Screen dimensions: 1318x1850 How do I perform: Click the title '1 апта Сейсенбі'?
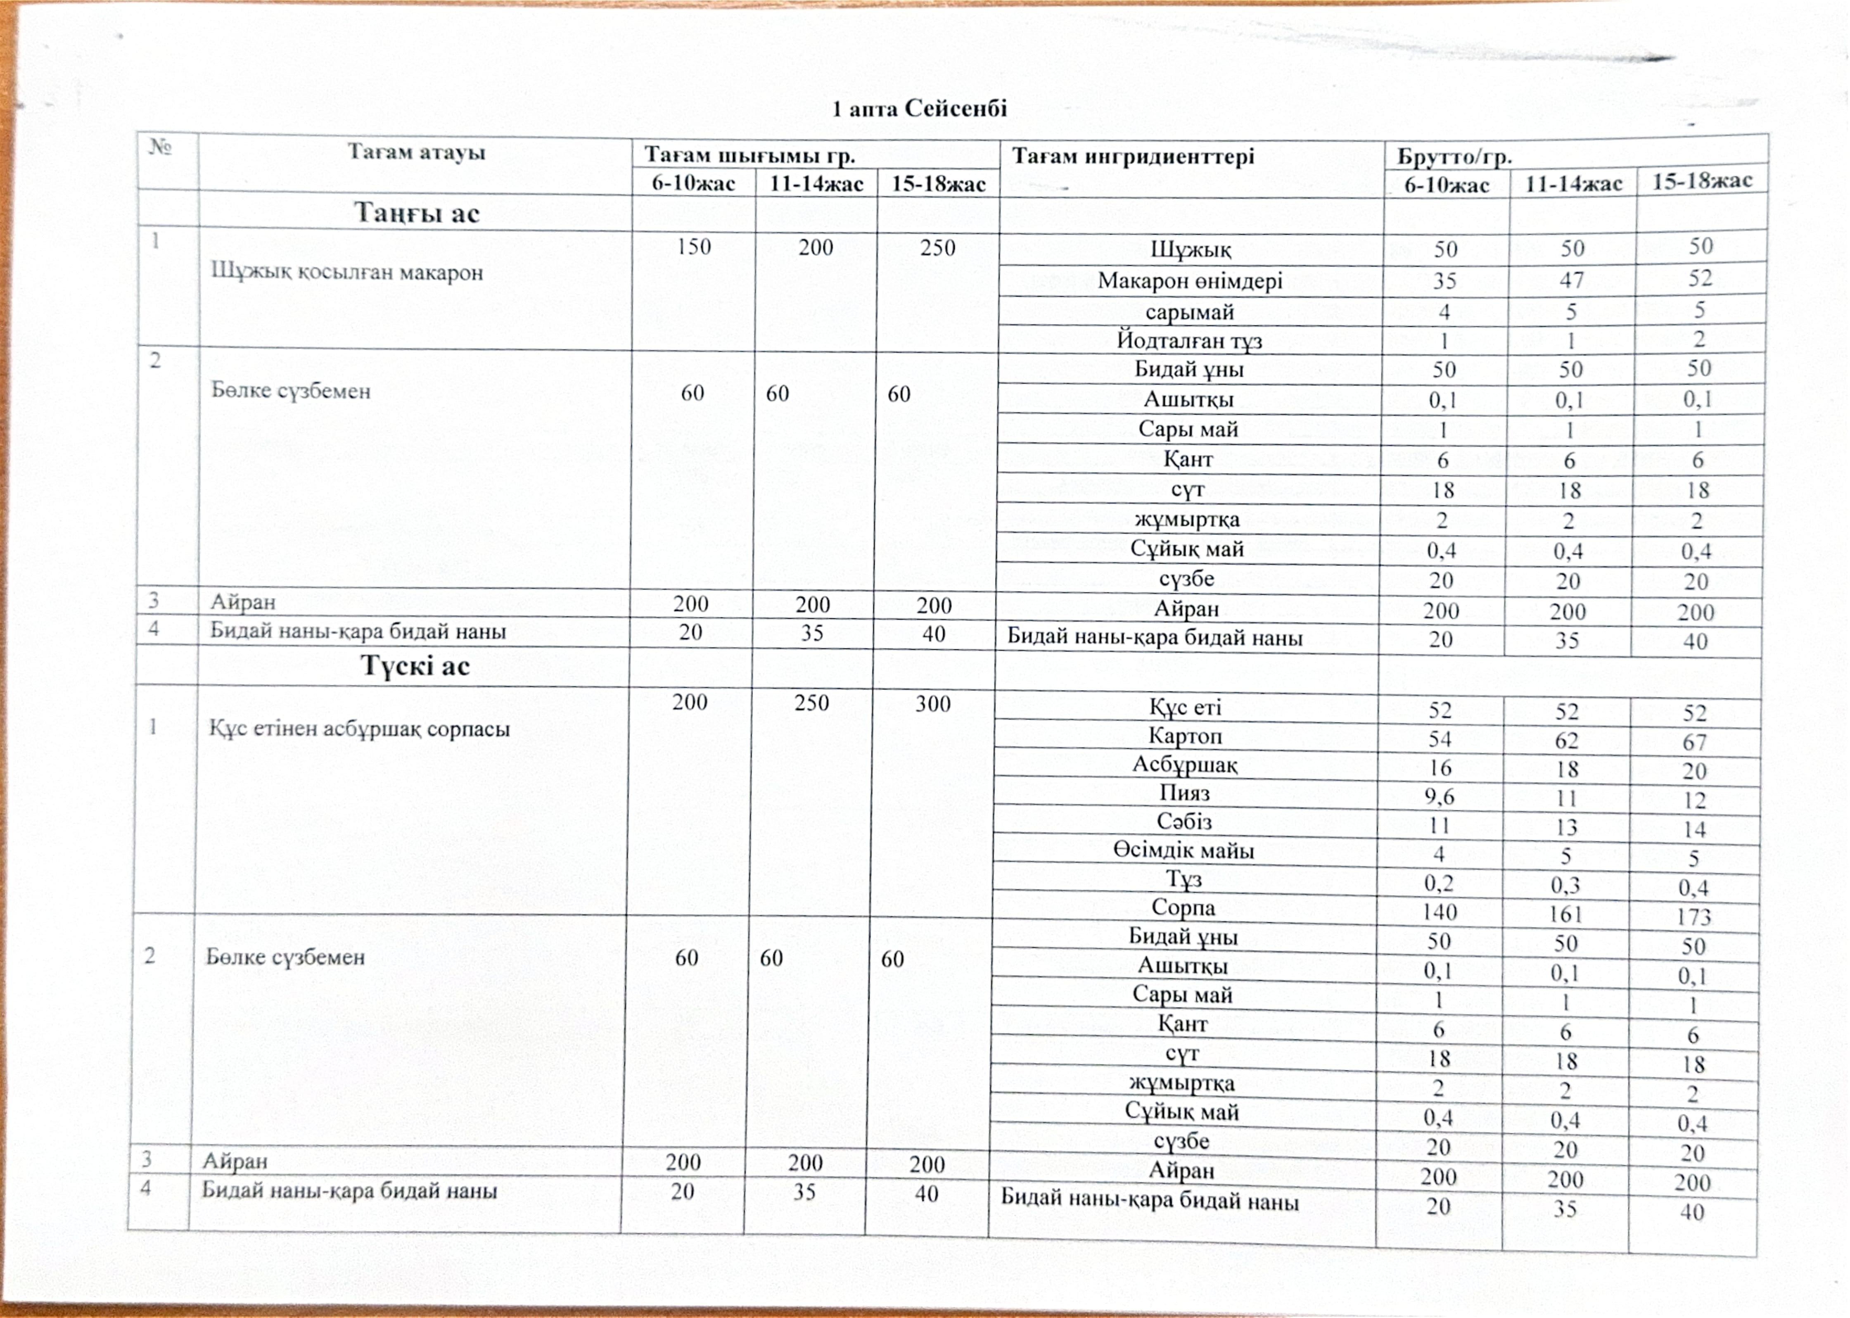point(919,108)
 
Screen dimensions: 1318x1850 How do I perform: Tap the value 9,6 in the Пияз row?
point(1440,796)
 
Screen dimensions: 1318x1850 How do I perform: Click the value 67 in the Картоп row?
point(1694,742)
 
